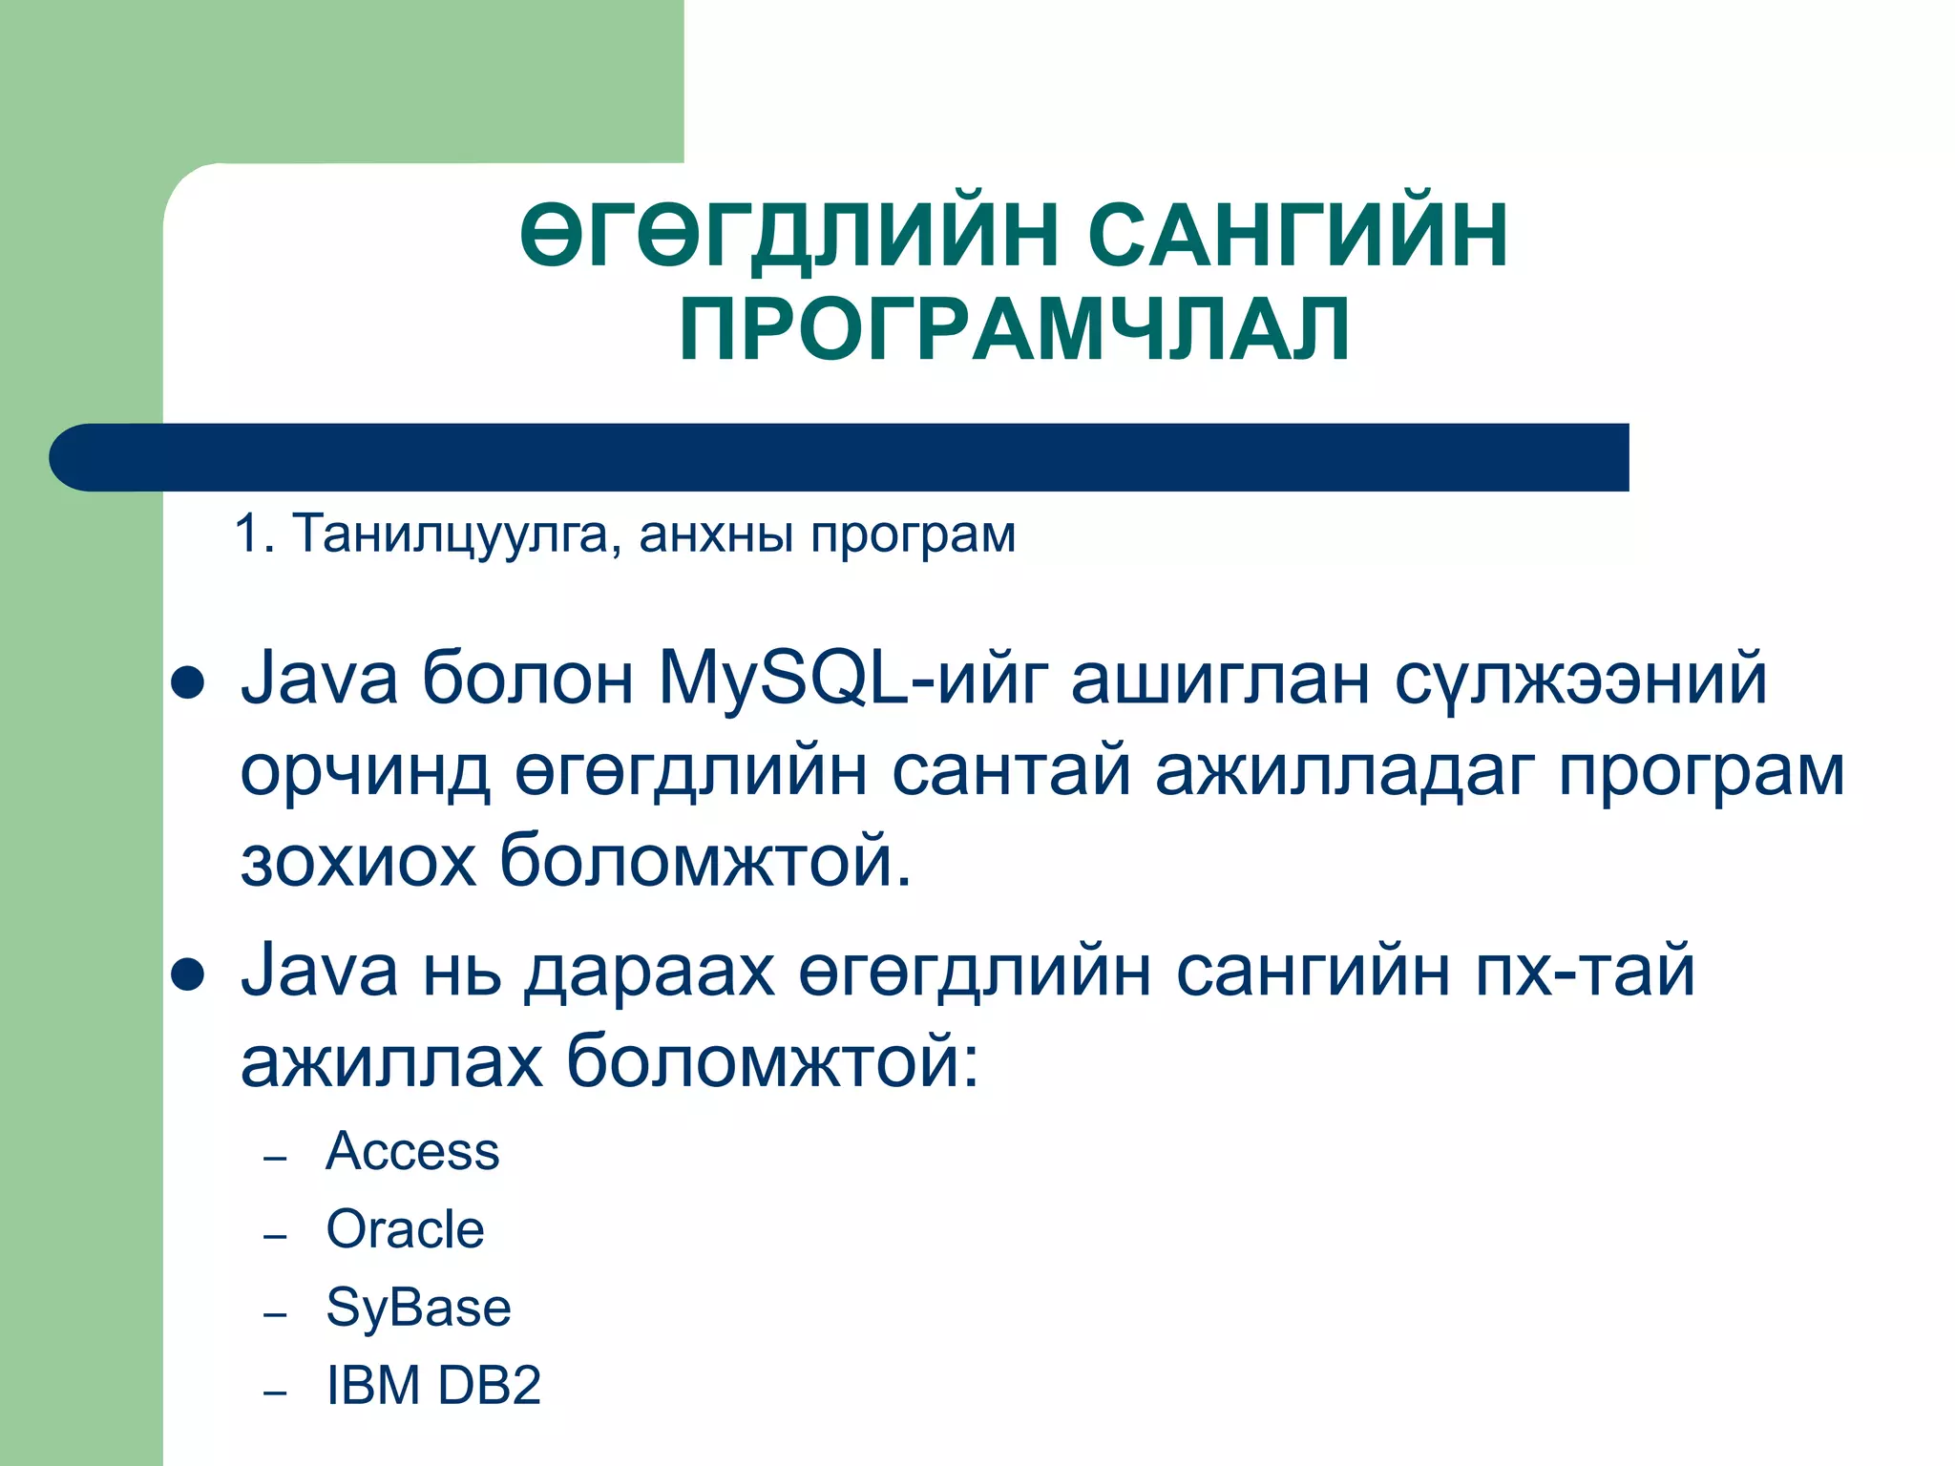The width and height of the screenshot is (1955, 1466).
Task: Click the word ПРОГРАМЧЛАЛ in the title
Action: [1015, 329]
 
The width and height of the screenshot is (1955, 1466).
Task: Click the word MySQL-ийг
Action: [853, 679]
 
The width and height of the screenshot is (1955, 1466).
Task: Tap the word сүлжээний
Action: [1581, 679]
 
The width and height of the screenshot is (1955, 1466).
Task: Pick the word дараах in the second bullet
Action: [648, 970]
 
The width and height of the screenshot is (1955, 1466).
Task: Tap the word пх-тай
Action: [1585, 970]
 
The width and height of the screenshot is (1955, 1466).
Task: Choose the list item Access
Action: [412, 1151]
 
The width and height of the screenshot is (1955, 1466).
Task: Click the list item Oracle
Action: [405, 1229]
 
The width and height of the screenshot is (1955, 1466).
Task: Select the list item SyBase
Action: [418, 1308]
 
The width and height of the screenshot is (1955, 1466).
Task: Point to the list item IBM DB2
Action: [433, 1386]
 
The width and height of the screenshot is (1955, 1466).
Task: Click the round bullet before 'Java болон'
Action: [187, 684]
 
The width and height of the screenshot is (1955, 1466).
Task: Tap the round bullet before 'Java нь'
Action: [187, 974]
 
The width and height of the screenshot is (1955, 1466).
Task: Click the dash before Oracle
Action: [275, 1237]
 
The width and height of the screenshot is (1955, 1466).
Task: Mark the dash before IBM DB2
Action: [275, 1393]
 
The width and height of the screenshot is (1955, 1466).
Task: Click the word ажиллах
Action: [391, 1060]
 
